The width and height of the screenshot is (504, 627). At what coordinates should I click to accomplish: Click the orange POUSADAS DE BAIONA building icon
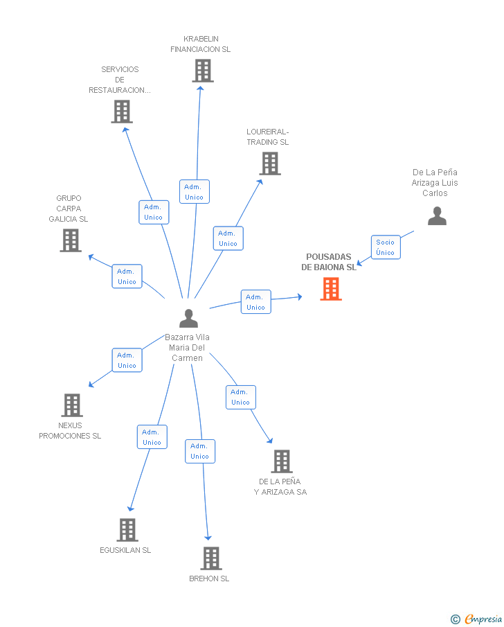click(331, 289)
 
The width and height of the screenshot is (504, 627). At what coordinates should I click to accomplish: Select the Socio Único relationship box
click(386, 247)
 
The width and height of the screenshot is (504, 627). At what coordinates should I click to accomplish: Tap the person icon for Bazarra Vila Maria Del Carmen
click(188, 318)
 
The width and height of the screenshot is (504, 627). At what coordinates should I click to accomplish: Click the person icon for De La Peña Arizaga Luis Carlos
click(437, 216)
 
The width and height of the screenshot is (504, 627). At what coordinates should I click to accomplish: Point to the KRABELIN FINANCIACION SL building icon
click(203, 71)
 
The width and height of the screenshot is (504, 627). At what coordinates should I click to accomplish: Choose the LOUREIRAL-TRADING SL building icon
click(270, 164)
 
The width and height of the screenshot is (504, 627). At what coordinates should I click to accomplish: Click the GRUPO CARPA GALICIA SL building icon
click(71, 240)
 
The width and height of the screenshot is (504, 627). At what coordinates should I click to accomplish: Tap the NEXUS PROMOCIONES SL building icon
click(72, 405)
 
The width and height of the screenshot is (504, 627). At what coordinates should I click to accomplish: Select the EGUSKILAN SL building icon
click(127, 530)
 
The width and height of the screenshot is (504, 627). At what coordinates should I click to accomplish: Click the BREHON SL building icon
click(211, 558)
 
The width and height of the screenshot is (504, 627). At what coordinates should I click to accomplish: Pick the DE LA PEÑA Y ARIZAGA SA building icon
click(282, 461)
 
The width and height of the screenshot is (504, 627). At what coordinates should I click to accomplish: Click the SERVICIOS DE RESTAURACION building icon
click(122, 112)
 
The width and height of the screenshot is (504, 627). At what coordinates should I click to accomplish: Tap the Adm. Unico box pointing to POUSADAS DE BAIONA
click(256, 302)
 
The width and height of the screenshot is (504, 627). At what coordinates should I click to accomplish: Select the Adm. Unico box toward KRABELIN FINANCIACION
click(195, 191)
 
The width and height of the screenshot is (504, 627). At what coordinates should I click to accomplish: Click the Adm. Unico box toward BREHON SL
click(200, 452)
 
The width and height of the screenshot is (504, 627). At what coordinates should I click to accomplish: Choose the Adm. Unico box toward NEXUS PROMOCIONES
click(127, 360)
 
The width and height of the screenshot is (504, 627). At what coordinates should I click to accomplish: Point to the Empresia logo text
click(483, 619)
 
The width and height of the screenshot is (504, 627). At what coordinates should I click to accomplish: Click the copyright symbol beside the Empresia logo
click(456, 619)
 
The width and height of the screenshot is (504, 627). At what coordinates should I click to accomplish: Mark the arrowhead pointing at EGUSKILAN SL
click(130, 509)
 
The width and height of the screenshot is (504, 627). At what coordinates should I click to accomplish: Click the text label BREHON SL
click(209, 579)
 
